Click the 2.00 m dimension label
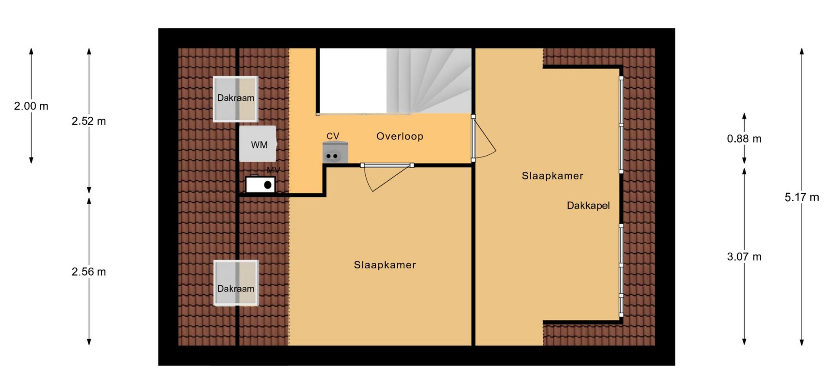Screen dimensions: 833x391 click(x=31, y=106)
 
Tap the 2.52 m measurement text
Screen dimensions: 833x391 click(x=89, y=121)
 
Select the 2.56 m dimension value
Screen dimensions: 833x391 click(x=89, y=272)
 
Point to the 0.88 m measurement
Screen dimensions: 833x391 click(x=744, y=139)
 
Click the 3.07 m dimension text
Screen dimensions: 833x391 click(x=744, y=257)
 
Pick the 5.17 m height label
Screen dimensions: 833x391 click(x=802, y=197)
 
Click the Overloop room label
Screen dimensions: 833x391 click(x=400, y=136)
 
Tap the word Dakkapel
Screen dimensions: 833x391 click(x=588, y=205)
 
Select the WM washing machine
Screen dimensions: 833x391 click(x=258, y=144)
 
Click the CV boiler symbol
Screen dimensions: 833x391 click(x=335, y=152)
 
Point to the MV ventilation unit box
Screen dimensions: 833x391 click(x=260, y=184)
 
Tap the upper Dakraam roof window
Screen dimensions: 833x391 click(x=236, y=99)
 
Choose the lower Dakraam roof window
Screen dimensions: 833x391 click(x=236, y=283)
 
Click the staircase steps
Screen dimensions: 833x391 click(x=429, y=81)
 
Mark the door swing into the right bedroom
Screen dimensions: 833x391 click(x=484, y=138)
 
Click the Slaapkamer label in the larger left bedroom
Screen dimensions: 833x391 click(x=385, y=265)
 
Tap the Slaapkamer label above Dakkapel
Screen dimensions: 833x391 click(x=552, y=176)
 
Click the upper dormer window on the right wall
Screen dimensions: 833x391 click(x=621, y=125)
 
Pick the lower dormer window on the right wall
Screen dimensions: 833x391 click(x=621, y=270)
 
